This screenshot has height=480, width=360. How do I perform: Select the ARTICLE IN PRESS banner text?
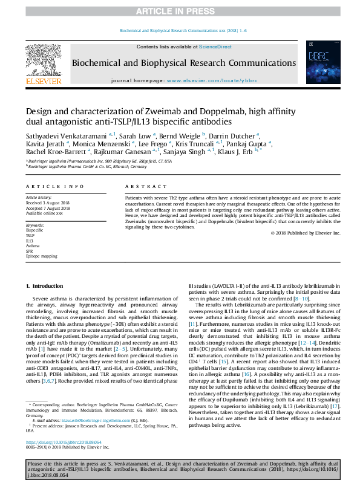(180, 11)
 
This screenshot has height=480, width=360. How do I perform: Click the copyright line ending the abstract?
(305, 233)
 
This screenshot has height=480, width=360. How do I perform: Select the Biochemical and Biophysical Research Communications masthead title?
(184, 63)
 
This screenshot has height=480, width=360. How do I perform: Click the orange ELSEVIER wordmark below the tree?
(43, 81)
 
